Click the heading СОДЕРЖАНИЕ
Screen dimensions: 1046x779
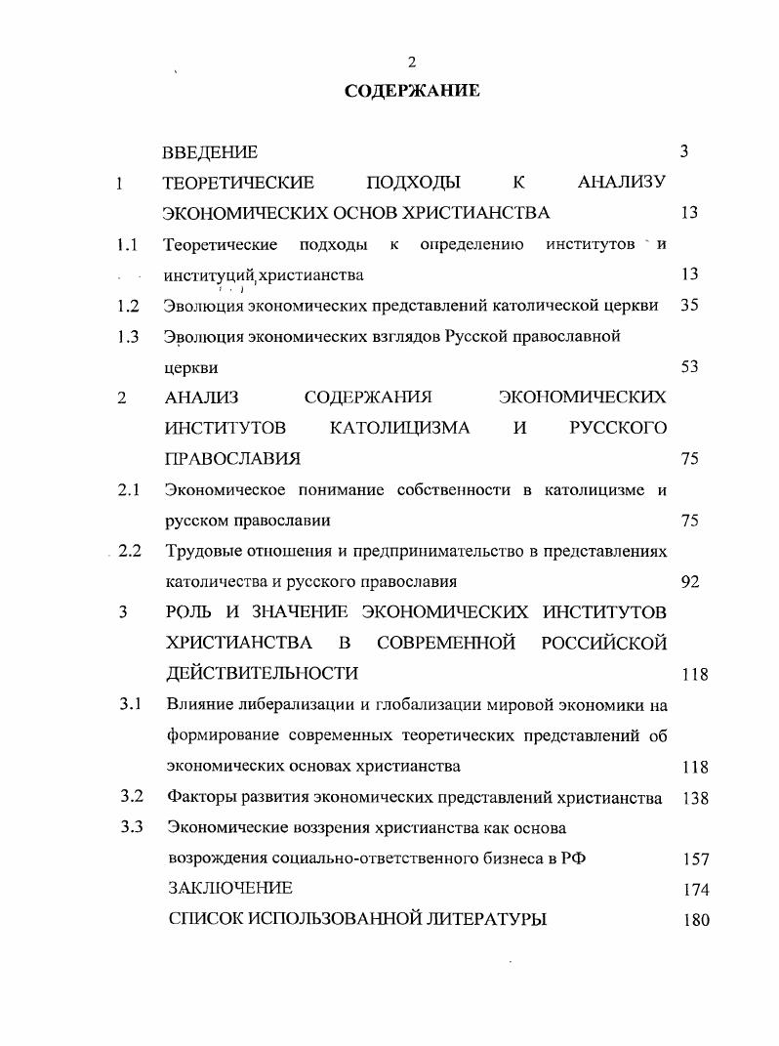point(411,91)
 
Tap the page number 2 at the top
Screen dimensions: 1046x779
point(411,63)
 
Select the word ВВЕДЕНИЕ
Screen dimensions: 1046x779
point(210,152)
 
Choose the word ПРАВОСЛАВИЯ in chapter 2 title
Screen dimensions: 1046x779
point(232,458)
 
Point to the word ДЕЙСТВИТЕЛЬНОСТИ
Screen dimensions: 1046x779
point(263,674)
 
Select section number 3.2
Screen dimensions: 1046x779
point(132,796)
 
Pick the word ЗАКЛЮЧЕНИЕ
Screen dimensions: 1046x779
point(229,889)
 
